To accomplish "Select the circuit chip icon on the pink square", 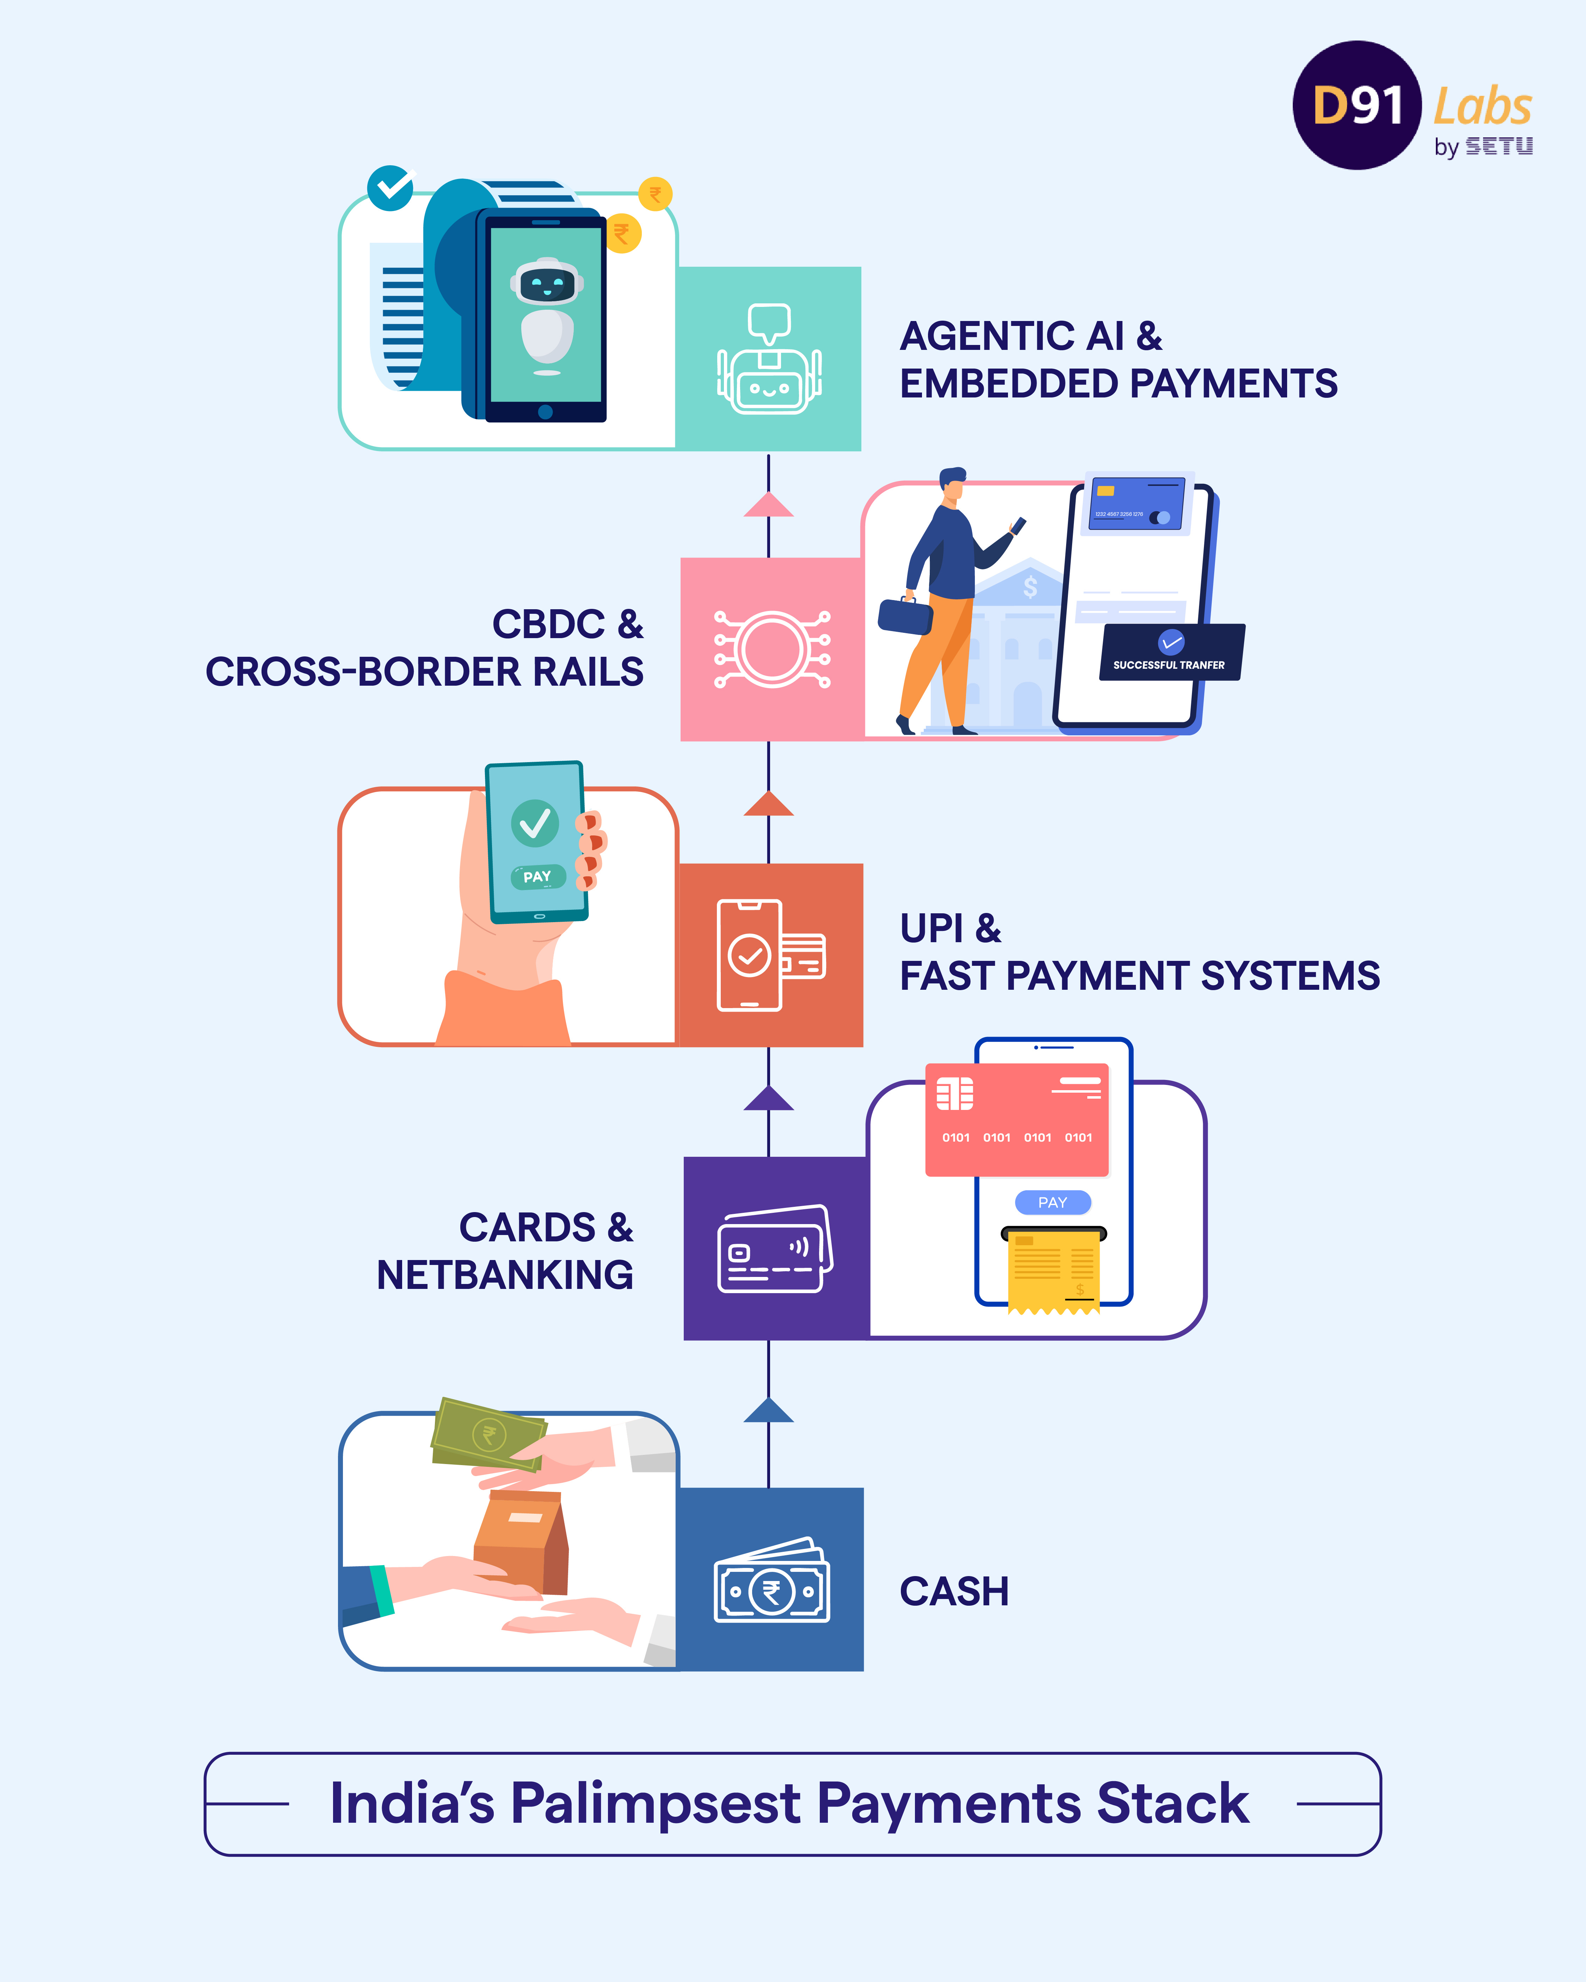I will pos(772,649).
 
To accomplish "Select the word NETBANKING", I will pos(505,1275).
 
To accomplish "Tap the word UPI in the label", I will pos(932,928).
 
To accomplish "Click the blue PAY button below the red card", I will pos(1053,1203).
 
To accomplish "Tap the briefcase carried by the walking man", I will pos(906,616).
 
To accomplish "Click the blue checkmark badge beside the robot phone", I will pos(391,189).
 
